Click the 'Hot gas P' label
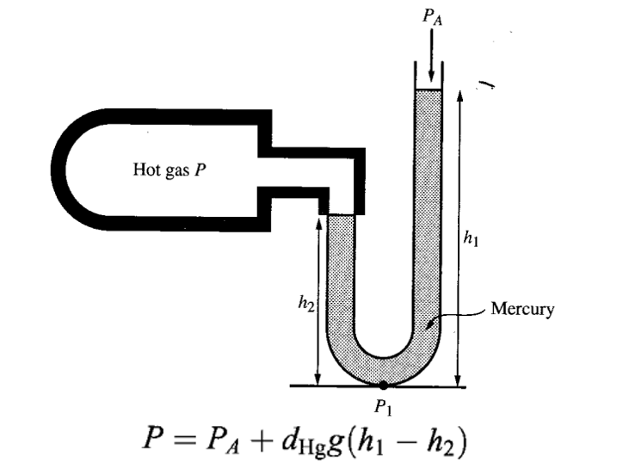pos(170,170)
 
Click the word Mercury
pos(522,309)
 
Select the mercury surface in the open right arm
pos(428,90)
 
